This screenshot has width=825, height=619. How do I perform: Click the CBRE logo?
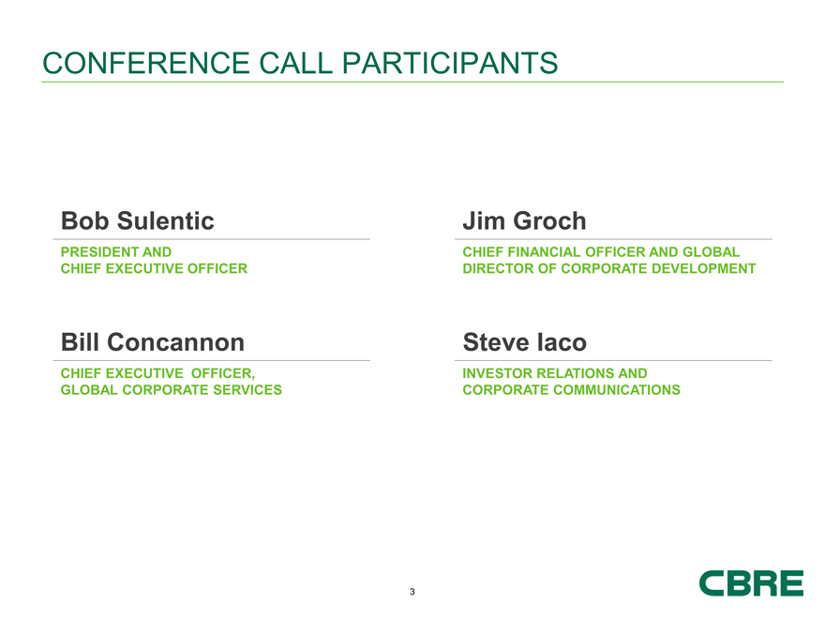tap(751, 583)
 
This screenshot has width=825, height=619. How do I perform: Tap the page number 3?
tap(412, 592)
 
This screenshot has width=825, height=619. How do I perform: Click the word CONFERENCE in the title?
tap(145, 63)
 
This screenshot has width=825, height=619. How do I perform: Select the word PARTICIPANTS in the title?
tap(450, 63)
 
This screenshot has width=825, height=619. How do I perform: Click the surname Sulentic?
tap(165, 220)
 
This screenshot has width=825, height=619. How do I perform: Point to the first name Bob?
tap(84, 220)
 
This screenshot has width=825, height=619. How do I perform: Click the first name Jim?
tap(484, 220)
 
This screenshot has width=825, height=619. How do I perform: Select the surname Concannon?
tap(175, 342)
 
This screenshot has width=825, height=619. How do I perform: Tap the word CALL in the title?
tap(295, 63)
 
